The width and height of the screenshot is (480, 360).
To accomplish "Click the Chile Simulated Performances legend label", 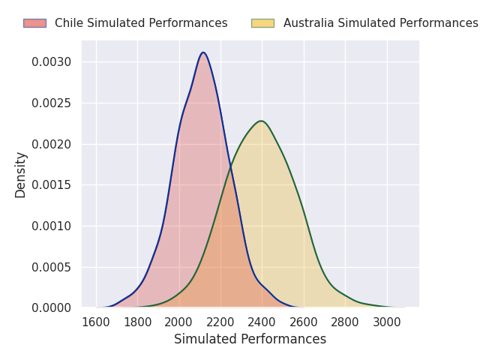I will (141, 23).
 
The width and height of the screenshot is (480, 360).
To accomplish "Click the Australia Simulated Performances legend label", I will (380, 23).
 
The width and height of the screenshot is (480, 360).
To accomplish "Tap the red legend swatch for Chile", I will (34, 23).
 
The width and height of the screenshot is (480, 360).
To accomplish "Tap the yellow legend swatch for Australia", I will (262, 23).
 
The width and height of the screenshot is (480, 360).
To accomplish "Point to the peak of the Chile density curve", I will (203, 52).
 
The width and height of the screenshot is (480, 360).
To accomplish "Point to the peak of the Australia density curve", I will (261, 121).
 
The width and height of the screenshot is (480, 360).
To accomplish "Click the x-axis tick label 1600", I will (96, 322).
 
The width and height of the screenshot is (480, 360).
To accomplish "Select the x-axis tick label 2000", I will (179, 322).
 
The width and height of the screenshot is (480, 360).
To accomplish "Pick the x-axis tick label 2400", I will (262, 322).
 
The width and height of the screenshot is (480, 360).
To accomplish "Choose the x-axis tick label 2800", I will (345, 322).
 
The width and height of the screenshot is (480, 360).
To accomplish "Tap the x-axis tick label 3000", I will (387, 322).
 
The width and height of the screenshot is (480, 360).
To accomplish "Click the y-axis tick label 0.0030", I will (51, 61).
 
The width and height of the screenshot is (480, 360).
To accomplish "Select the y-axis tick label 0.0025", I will (51, 103).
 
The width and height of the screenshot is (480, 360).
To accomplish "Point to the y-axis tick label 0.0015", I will (51, 184).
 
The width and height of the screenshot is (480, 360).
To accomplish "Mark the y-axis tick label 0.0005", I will (51, 267).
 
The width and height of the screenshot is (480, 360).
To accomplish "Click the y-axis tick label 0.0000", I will (51, 307).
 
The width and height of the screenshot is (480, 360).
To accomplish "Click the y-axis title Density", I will (20, 175).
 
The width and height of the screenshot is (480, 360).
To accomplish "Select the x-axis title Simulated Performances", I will (250, 339).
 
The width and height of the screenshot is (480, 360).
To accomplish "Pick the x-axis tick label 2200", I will (220, 322).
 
